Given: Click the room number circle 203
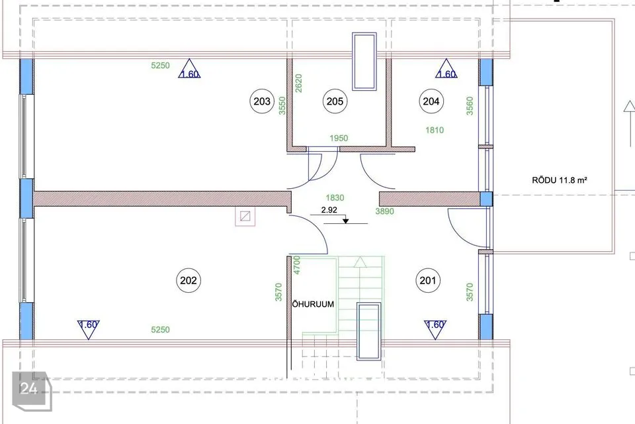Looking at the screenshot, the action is click(262, 101).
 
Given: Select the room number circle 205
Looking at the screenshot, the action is click(335, 101).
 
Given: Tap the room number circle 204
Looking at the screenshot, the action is click(431, 101).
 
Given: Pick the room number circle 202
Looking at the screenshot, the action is click(189, 280).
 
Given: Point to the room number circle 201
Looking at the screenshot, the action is click(428, 280).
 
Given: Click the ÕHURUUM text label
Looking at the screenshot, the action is click(313, 304).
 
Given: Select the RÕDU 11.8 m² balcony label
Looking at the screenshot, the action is click(560, 180).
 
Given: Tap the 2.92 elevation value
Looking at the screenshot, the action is click(329, 210).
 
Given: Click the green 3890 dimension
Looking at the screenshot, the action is click(384, 211).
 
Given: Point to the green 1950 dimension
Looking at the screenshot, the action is click(339, 138).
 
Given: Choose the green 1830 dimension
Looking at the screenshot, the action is click(335, 197).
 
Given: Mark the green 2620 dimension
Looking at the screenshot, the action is click(298, 83).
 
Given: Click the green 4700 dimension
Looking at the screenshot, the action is click(297, 265).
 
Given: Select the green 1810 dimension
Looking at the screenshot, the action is click(435, 130).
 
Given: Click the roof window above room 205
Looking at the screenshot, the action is click(364, 61).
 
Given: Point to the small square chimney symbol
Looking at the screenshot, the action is click(245, 216).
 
